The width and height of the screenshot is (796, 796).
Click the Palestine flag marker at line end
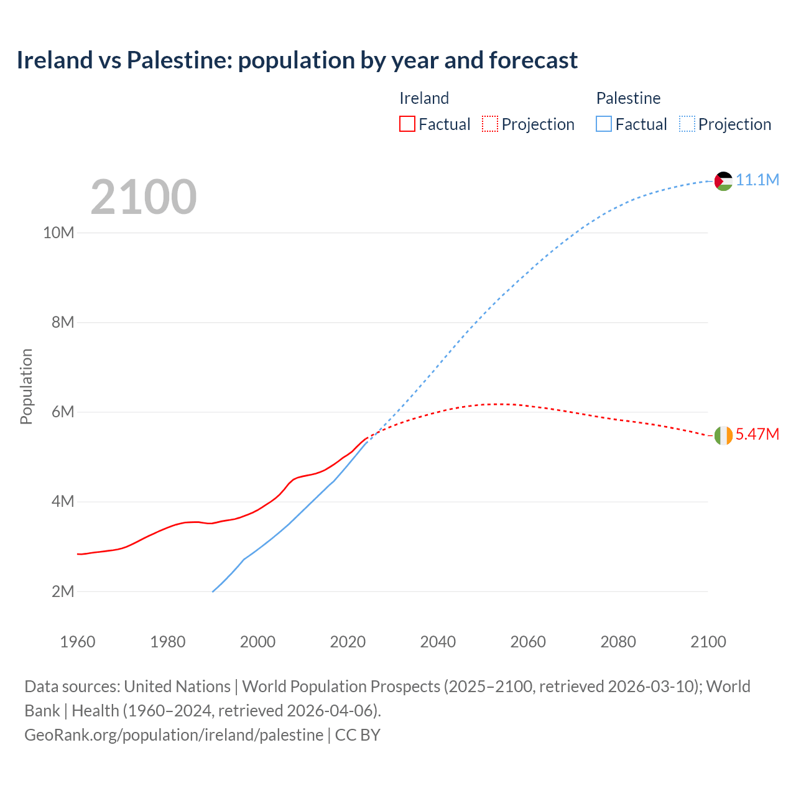723,181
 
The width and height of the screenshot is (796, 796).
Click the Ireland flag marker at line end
723,435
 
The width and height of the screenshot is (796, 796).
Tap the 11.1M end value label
757,180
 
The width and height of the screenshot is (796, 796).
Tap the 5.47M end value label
757,434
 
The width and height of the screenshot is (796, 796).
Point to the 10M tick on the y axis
58,233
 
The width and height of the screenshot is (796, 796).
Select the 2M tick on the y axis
63,591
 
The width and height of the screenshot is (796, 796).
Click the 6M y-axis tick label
63,412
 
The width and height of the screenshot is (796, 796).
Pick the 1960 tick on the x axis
78,642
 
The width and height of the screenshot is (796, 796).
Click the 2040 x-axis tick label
438,642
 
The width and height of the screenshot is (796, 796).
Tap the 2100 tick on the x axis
708,642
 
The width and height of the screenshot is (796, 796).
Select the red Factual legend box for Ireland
407,124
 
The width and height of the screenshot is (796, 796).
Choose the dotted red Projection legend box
490,124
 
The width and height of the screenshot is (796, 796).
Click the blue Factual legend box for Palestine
604,124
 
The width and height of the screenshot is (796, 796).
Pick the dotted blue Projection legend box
687,124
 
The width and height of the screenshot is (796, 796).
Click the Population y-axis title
26,386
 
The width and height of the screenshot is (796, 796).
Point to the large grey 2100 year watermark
144,197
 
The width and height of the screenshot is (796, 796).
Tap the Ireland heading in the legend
424,98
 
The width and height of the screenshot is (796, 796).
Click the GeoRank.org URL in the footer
174,734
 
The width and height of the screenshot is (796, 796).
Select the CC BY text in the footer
358,734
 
